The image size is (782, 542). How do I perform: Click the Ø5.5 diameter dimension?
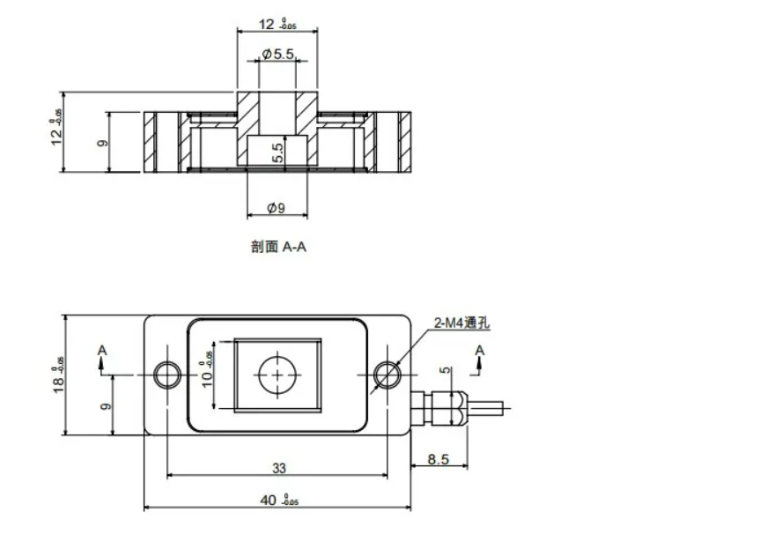[277, 55]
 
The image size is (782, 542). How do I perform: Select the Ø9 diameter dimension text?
[276, 208]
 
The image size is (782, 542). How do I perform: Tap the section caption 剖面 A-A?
[279, 248]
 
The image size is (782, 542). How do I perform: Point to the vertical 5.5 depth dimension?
[277, 152]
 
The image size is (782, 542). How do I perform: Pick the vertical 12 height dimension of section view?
[56, 128]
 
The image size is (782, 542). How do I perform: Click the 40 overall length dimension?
[275, 500]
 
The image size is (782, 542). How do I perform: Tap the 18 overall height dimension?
[57, 375]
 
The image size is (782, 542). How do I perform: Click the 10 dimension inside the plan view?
[204, 375]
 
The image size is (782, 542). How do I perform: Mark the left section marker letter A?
[103, 351]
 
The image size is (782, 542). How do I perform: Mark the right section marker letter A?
[480, 351]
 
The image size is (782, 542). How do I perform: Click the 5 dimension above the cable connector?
[446, 371]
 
